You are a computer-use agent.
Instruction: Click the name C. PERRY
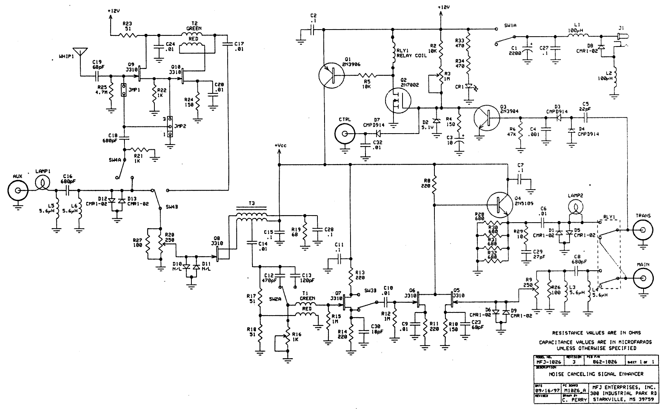tap(575, 399)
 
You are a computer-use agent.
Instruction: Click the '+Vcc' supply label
tap(281, 146)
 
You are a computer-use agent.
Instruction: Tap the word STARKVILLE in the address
tap(611, 399)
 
